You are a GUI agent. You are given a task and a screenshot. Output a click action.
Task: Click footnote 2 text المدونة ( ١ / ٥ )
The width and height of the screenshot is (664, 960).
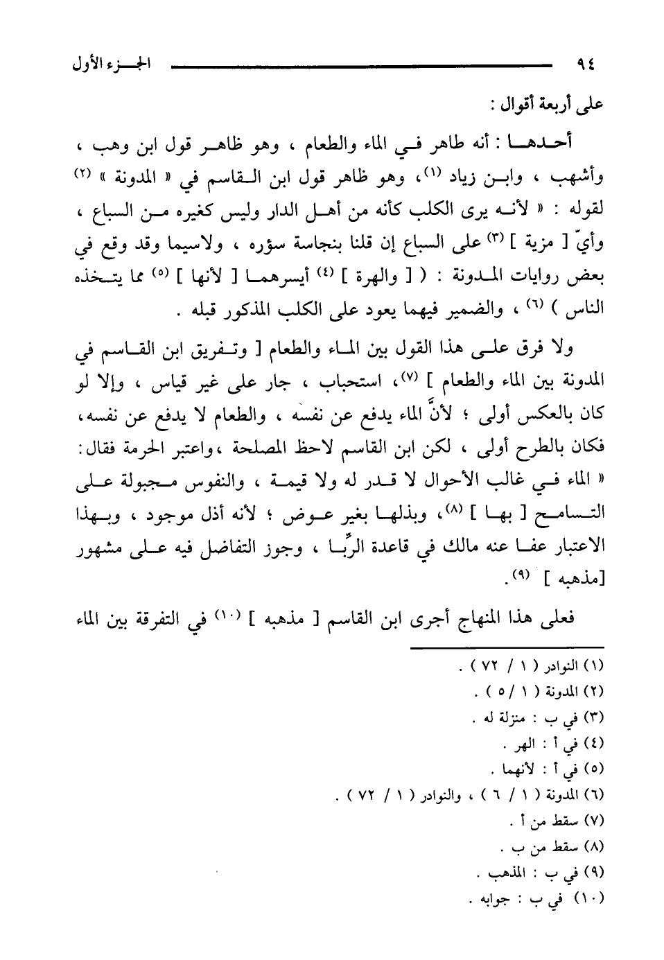tap(534, 691)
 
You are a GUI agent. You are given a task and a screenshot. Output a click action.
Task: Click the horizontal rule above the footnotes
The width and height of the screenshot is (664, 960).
tap(507, 649)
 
